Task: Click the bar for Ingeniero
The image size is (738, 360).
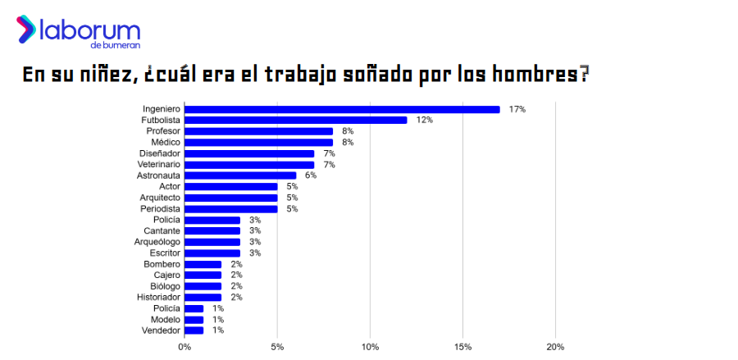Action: point(342,109)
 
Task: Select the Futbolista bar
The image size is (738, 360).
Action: point(295,120)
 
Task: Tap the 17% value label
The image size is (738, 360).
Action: point(517,109)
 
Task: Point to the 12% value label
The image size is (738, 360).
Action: point(424,120)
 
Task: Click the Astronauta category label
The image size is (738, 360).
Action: point(158,175)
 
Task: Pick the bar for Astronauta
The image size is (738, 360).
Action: point(240,175)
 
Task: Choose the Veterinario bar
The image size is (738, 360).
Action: point(249,165)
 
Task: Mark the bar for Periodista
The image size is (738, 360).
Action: point(231,209)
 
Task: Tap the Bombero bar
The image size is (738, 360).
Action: point(203,264)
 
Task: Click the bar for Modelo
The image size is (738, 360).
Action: point(194,319)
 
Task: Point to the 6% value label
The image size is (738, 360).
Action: point(310,175)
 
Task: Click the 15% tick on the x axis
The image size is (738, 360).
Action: point(463,346)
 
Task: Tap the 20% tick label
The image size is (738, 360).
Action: point(555,346)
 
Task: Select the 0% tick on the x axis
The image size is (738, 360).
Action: point(184,346)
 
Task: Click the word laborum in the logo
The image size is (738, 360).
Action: point(91,32)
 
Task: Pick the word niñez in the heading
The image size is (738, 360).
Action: point(105,75)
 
